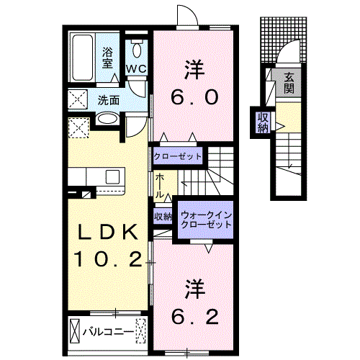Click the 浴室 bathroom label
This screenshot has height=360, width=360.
coord(109,57)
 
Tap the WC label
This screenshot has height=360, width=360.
coord(137,68)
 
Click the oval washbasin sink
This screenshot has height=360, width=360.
coord(107,120)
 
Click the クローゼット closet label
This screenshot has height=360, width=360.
coord(177,156)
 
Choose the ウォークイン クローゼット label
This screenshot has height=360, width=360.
coord(207,218)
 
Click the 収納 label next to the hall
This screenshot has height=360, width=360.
coord(162,216)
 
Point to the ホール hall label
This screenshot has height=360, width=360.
coord(158,185)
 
